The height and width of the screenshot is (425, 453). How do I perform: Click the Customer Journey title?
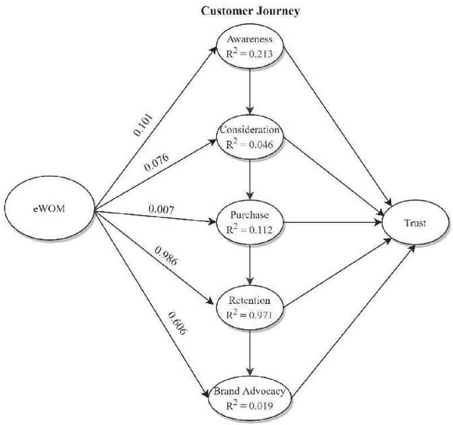(250, 11)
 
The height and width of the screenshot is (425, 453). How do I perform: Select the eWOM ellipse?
(50, 208)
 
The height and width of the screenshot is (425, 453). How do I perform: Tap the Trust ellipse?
(416, 223)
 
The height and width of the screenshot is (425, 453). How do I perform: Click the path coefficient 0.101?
(143, 125)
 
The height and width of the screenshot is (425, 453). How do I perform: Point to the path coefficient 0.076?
(156, 163)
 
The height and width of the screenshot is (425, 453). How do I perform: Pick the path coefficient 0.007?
(162, 209)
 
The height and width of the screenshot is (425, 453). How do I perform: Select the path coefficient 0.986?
(166, 256)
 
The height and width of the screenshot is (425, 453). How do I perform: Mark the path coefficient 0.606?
(177, 323)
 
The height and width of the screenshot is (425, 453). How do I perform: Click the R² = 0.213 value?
(250, 54)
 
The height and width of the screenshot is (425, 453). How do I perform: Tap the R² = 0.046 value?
(250, 144)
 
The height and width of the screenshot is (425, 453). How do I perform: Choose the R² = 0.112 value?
(250, 229)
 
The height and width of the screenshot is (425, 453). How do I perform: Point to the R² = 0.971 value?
(250, 314)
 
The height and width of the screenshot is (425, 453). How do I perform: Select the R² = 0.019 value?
(250, 405)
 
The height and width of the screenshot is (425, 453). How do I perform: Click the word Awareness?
(250, 39)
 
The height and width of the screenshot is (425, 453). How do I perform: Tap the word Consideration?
(250, 129)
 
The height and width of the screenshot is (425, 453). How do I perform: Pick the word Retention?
(250, 300)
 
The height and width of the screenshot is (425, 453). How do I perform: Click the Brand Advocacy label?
(250, 391)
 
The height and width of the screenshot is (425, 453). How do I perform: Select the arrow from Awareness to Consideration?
(250, 91)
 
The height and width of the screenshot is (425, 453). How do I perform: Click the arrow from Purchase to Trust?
(333, 222)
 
